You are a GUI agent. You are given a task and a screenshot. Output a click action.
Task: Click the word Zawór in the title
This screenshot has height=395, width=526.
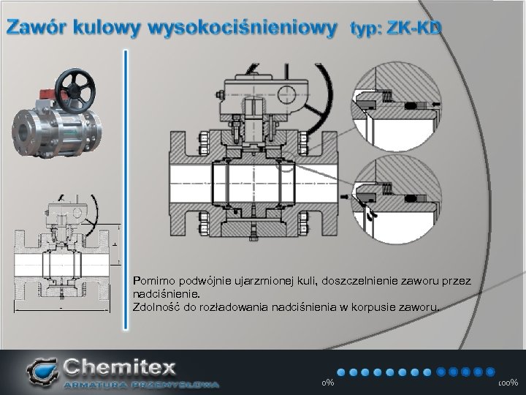36,27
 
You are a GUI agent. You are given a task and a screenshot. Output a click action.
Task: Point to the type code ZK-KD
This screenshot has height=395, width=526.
414,28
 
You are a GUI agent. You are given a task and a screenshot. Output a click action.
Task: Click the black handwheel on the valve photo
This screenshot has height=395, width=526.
75,91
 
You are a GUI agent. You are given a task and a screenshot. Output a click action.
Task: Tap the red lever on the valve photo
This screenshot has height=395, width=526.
47,94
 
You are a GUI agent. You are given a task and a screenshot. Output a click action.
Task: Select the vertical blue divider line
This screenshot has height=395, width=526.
126,189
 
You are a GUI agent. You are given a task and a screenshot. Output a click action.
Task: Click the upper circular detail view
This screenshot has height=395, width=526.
397,106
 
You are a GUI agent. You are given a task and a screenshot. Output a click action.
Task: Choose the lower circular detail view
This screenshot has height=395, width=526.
397,200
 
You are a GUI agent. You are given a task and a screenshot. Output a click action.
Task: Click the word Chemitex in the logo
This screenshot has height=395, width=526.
119,367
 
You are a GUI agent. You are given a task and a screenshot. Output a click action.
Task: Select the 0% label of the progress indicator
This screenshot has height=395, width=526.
327,383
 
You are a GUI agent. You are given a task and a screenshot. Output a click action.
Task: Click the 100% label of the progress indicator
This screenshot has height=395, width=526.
508,383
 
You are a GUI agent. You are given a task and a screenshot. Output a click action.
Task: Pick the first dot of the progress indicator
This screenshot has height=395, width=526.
341,372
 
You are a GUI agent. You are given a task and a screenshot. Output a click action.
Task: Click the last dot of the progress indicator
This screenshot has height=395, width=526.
490,372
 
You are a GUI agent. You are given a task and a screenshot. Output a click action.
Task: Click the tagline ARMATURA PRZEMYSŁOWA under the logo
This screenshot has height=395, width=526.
142,385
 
